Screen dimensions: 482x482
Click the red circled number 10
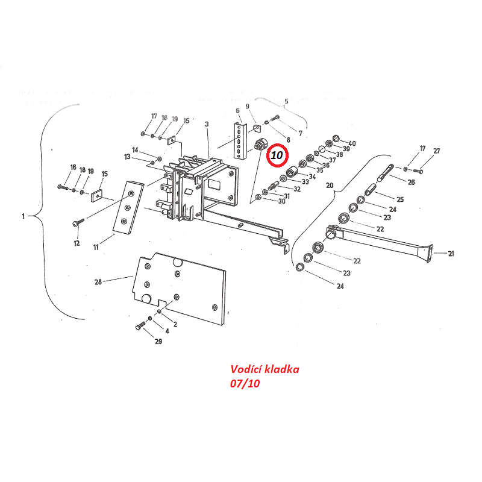click(277, 155)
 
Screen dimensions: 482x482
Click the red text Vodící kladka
click(264, 369)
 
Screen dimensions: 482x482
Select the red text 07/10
click(245, 384)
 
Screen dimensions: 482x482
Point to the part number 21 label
click(451, 254)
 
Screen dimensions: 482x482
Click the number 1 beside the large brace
click(24, 216)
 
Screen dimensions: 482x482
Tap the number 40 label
click(352, 143)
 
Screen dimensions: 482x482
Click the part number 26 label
click(411, 182)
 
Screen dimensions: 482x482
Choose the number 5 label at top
click(286, 101)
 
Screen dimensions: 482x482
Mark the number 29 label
click(158, 342)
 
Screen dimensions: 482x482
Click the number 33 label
click(305, 182)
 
